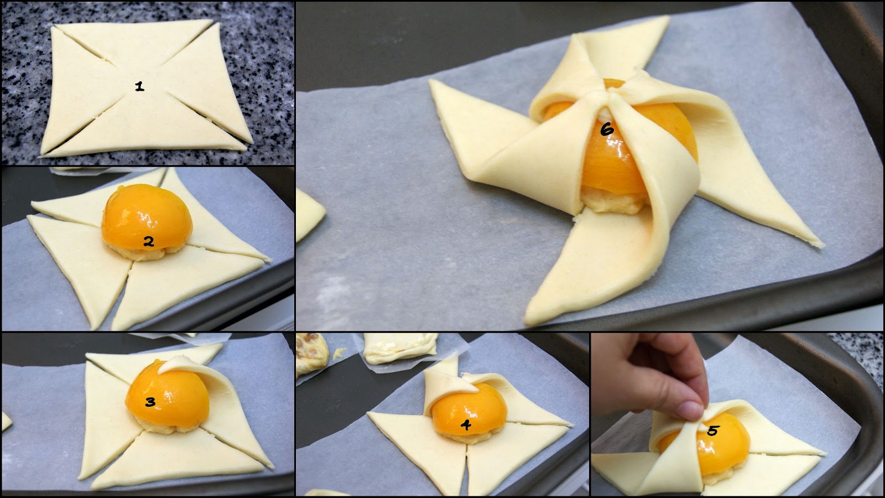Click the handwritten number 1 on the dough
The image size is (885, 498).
[139, 86]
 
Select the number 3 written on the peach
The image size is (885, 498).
[150, 402]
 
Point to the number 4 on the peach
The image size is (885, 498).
[466, 426]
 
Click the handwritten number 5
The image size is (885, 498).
[712, 430]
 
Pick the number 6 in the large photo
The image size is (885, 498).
[607, 129]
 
